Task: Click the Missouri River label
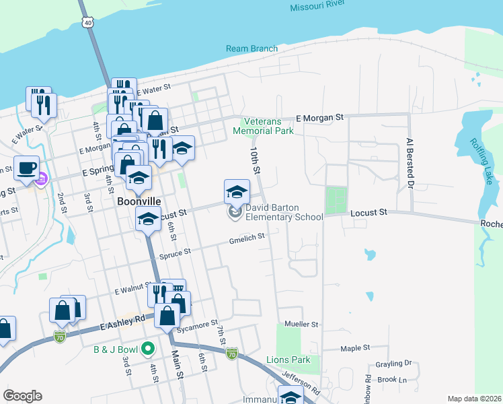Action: click(317, 7)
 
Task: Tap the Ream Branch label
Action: click(252, 49)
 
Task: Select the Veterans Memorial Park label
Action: click(264, 126)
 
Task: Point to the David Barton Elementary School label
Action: click(283, 213)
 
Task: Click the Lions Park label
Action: click(288, 360)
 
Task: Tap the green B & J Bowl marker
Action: click(149, 349)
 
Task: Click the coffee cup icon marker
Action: click(26, 168)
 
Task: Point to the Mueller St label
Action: click(301, 324)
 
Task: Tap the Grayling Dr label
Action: click(394, 363)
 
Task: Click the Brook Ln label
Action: click(393, 380)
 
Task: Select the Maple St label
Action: click(355, 348)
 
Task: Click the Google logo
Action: click(22, 396)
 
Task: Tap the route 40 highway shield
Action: click(88, 23)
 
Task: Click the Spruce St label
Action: click(174, 252)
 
